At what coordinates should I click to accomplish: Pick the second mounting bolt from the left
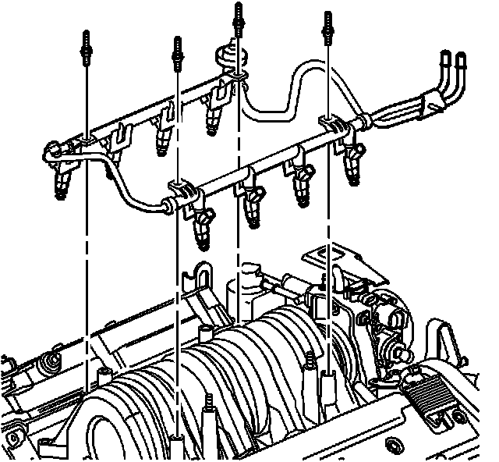(x=178, y=52)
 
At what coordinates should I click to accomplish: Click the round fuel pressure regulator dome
(x=227, y=55)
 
